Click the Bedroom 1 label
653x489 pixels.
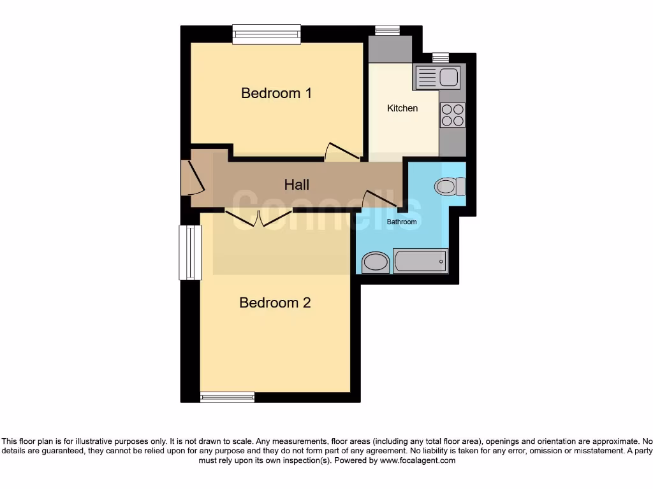tap(276, 93)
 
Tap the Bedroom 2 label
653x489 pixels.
tap(275, 302)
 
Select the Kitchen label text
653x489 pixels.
tap(402, 108)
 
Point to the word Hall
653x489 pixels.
tap(297, 185)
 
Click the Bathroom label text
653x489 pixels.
tap(402, 222)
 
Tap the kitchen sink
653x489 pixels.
tap(437, 77)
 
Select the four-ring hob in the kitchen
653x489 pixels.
tap(452, 115)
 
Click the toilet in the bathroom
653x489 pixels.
tap(450, 187)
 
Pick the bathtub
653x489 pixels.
tap(420, 261)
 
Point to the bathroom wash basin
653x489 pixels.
tap(375, 262)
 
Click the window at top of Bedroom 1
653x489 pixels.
tap(266, 34)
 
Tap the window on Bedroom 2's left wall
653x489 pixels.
tap(189, 253)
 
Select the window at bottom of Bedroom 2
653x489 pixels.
tap(227, 397)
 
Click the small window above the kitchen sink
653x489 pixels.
tap(441, 57)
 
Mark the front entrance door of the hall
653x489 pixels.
tap(193, 177)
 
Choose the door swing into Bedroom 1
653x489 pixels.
tap(342, 151)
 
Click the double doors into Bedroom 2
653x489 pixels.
tap(258, 219)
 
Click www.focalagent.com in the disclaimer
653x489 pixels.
tap(418, 460)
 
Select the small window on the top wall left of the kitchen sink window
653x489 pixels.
tap(387, 30)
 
